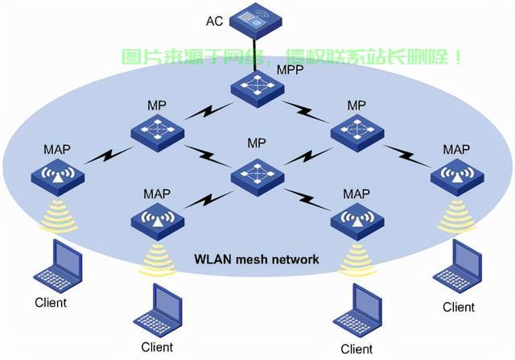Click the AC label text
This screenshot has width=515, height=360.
(215, 21)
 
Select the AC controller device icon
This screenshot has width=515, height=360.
(256, 21)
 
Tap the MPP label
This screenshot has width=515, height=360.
(290, 70)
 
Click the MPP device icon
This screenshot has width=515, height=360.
(257, 89)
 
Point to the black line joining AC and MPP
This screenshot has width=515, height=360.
(254, 55)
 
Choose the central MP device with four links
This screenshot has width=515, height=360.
(257, 177)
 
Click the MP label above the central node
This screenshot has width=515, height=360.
(257, 143)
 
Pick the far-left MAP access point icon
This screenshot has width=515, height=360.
(57, 177)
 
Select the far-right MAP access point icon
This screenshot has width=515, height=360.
(457, 177)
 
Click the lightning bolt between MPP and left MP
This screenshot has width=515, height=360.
(208, 111)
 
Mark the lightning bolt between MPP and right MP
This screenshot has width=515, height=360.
(306, 112)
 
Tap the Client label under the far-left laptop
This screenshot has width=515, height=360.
(51, 303)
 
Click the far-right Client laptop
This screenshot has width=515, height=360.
(457, 267)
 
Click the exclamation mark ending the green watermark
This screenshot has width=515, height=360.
(458, 57)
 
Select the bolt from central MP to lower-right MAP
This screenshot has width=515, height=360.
(307, 199)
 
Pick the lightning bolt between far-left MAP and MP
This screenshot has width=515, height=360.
(109, 155)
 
